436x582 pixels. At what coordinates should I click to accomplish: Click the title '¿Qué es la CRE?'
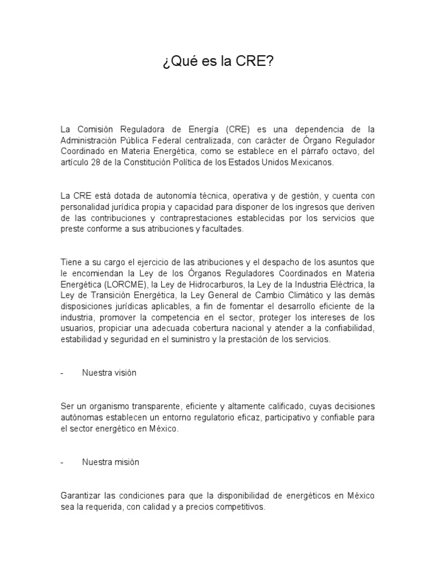click(218, 61)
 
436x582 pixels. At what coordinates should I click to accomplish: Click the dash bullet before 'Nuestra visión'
click(62, 373)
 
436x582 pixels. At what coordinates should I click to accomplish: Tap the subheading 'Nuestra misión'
click(110, 462)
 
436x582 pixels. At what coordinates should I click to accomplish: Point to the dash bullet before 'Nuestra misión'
click(62, 462)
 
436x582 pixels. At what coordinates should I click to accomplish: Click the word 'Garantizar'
click(79, 496)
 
